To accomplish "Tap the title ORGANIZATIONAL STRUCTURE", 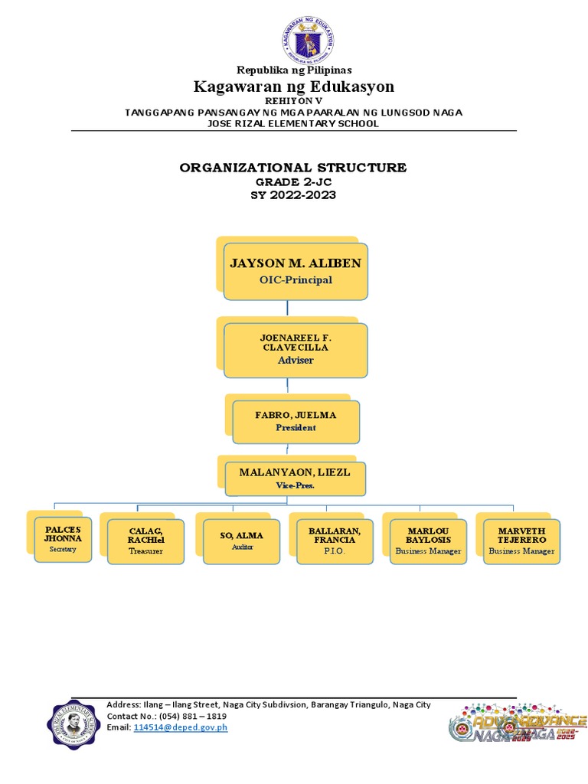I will [293, 168].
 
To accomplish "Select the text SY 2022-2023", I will [293, 195].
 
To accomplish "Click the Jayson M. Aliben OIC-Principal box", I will [296, 271].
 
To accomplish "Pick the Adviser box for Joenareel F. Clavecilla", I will [296, 350].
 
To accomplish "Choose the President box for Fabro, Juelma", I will [296, 422].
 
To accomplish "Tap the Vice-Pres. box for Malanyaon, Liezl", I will [295, 479].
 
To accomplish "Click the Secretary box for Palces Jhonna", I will [63, 539].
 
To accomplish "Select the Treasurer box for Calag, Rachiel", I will [145, 541].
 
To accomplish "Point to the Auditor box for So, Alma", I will [240, 541].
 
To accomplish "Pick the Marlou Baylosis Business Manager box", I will [428, 541].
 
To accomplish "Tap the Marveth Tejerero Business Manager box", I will [522, 541].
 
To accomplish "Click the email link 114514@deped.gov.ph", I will [180, 727].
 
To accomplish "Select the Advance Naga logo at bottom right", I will [518, 727].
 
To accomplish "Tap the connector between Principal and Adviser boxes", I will [288, 309].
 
